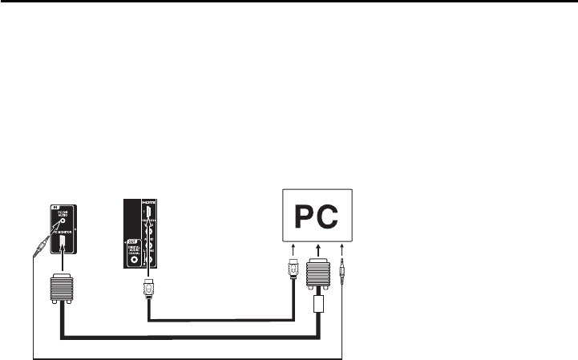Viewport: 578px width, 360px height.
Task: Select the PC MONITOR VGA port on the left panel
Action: click(x=62, y=245)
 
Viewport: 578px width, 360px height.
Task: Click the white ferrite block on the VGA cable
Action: click(x=319, y=305)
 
